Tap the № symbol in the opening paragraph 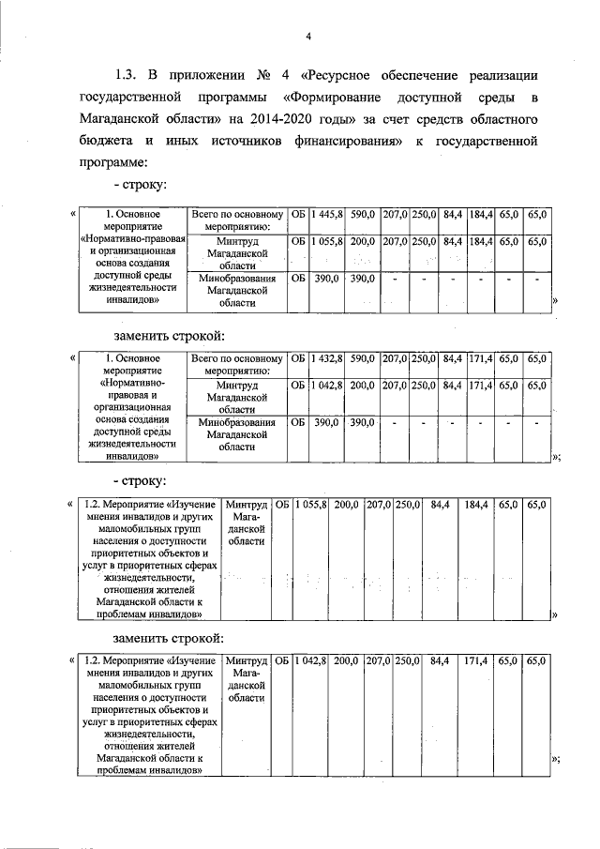point(263,75)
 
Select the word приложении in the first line point(201,75)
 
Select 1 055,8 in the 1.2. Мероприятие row point(310,505)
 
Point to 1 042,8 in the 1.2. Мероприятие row point(310,661)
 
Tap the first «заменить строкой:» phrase point(170,334)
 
